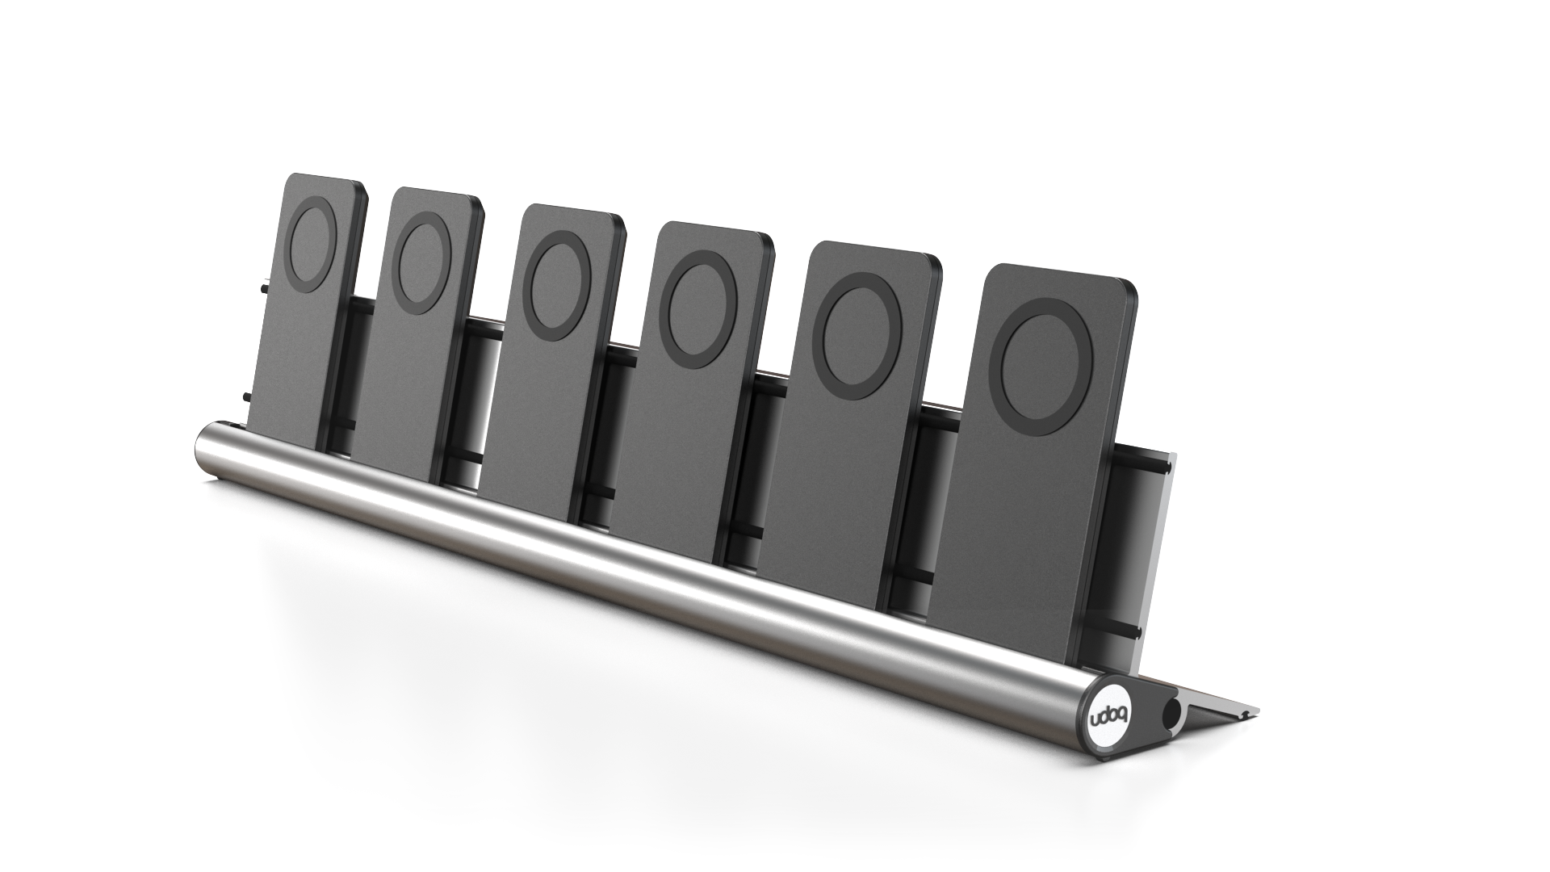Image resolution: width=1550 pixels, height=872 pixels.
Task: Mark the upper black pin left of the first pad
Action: (x=264, y=287)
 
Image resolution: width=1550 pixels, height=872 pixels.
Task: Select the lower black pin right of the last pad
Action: (x=1129, y=629)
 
